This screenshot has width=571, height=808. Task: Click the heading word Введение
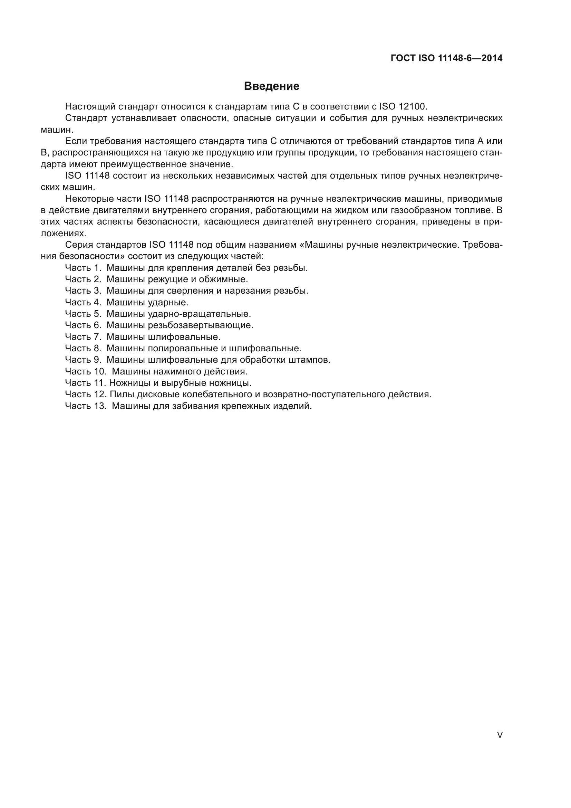[271, 86]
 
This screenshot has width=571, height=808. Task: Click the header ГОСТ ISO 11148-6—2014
[446, 58]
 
